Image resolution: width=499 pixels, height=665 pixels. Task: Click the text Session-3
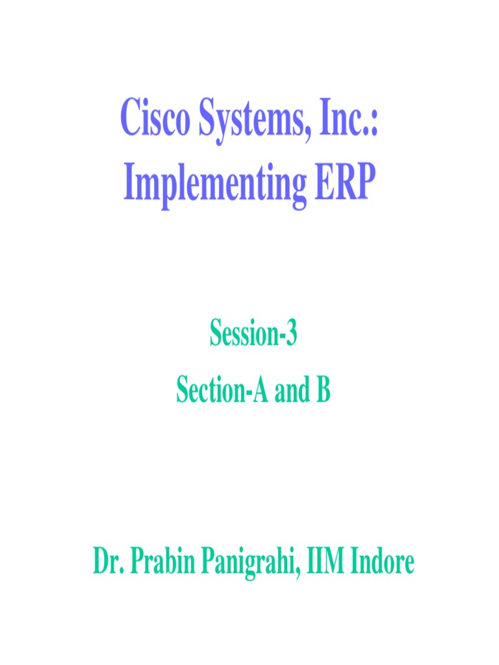(253, 336)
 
